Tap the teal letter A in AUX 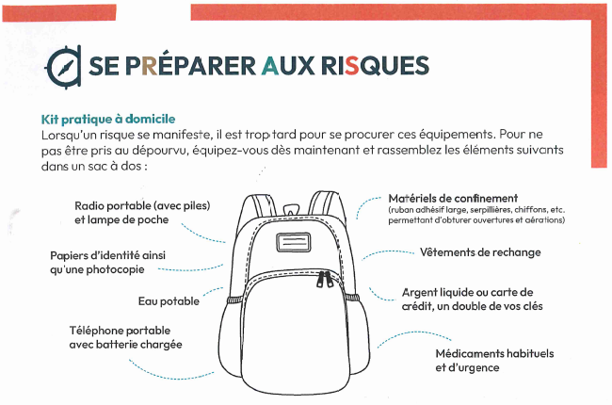[270, 66]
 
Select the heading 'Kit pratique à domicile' [108, 119]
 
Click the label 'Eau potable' [169, 301]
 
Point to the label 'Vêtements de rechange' [480, 252]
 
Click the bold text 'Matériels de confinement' [453, 198]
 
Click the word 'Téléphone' [96, 331]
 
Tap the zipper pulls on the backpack [325, 279]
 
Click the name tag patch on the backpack [294, 242]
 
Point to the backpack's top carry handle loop [291, 209]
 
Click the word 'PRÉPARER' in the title [192, 65]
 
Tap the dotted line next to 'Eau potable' [213, 291]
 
